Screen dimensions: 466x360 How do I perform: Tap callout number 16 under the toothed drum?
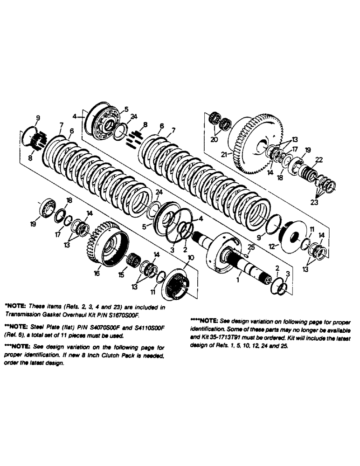(96, 274)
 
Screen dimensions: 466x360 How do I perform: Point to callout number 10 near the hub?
(190, 257)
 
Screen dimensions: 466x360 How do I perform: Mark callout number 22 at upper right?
(318, 159)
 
